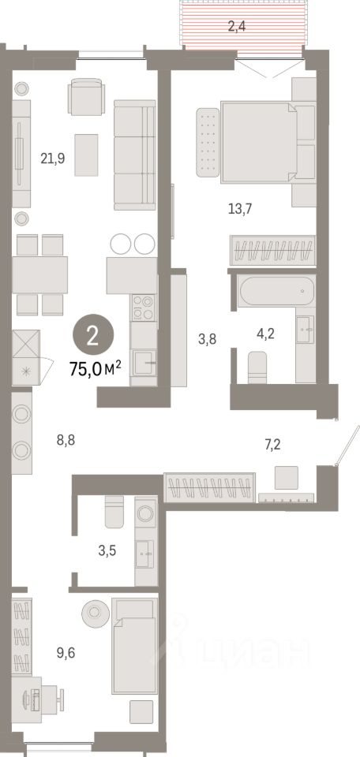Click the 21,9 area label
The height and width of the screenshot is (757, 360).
click(x=52, y=158)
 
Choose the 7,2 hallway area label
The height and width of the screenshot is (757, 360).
click(x=273, y=446)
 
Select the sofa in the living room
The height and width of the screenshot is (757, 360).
click(x=134, y=155)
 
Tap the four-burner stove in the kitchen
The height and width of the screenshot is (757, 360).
click(x=143, y=306)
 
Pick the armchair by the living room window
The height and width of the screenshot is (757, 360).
click(x=85, y=98)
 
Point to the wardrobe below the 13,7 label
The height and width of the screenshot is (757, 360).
click(x=273, y=250)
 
